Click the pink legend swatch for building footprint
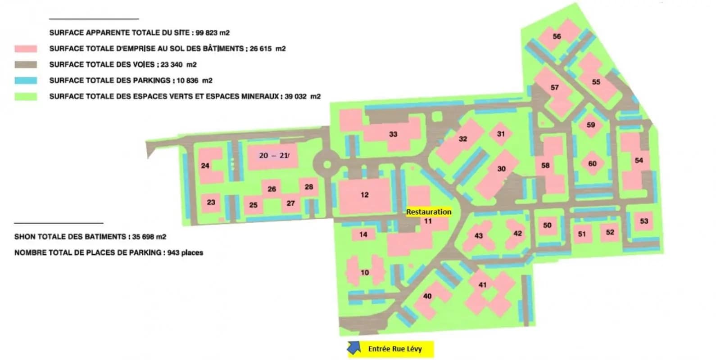coord(26,49)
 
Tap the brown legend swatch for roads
coord(26,64)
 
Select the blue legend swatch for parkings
coord(26,81)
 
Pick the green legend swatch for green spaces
coord(26,96)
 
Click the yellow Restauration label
coord(428,211)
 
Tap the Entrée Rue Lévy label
coord(395,349)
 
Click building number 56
coord(557,36)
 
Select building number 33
coord(393,134)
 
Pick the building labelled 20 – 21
coord(273,156)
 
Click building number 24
coord(205,166)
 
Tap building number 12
coord(364,195)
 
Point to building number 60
coord(592,164)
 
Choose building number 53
coord(644,221)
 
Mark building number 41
coord(482,285)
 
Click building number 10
coord(364,272)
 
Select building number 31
coord(501,134)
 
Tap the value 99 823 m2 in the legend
coord(213,32)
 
